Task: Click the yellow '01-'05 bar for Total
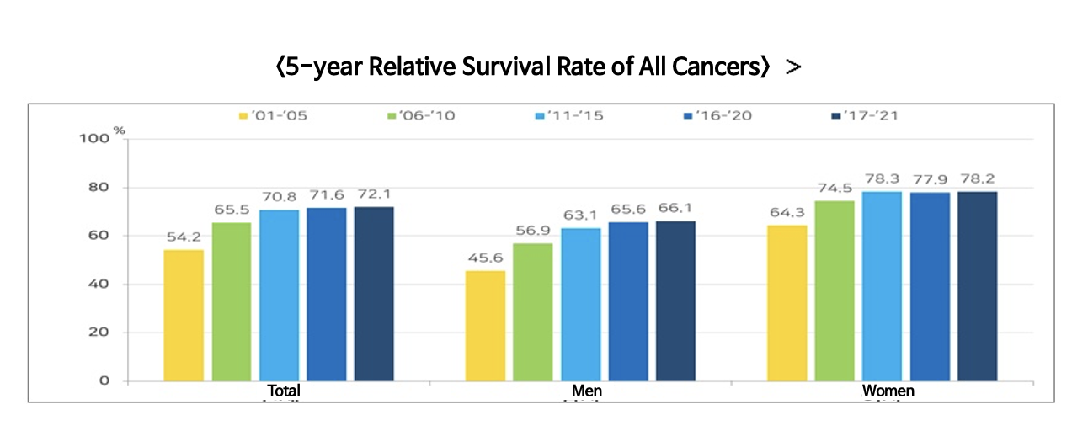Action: (x=184, y=315)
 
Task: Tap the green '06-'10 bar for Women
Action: (x=834, y=290)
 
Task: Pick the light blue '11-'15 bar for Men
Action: (x=581, y=304)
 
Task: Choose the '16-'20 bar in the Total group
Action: (x=326, y=294)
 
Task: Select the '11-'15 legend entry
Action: (x=569, y=115)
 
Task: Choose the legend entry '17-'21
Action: (x=864, y=115)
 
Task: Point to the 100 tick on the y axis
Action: (x=99, y=139)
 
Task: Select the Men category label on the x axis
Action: (x=586, y=391)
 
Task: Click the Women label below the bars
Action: (x=888, y=391)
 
